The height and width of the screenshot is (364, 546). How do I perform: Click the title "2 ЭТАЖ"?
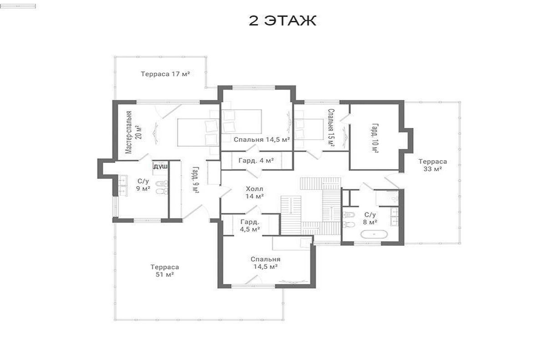pos(282,20)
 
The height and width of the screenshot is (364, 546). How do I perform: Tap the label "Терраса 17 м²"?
pos(165,74)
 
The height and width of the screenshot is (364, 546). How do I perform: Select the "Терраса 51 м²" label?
pos(165,271)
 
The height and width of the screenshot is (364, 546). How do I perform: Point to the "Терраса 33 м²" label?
pos(433,165)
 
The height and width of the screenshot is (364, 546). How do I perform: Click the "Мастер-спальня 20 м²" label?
pos(133,132)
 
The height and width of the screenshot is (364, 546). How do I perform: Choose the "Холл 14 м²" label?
pos(254,192)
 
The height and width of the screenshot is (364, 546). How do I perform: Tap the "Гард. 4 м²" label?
pos(256,161)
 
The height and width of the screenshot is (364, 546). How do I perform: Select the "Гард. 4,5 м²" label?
pos(250,226)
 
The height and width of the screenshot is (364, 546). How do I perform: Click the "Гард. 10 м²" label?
pos(375,138)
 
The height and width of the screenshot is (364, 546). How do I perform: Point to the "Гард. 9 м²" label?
pos(196,180)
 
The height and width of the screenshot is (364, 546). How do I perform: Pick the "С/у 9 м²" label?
pos(143,185)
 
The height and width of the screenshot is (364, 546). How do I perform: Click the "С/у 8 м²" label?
pos(370,218)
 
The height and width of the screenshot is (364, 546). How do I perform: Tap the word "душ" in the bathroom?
pos(160,167)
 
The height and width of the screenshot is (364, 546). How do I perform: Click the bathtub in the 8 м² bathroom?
pos(374,234)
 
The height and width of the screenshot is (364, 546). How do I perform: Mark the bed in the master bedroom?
pos(198,132)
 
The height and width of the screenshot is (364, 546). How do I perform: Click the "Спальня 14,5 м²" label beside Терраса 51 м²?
pos(265,263)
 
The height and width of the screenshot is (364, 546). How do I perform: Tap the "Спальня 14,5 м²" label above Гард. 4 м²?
pos(262,139)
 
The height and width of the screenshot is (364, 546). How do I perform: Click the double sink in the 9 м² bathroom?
pos(123,185)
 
